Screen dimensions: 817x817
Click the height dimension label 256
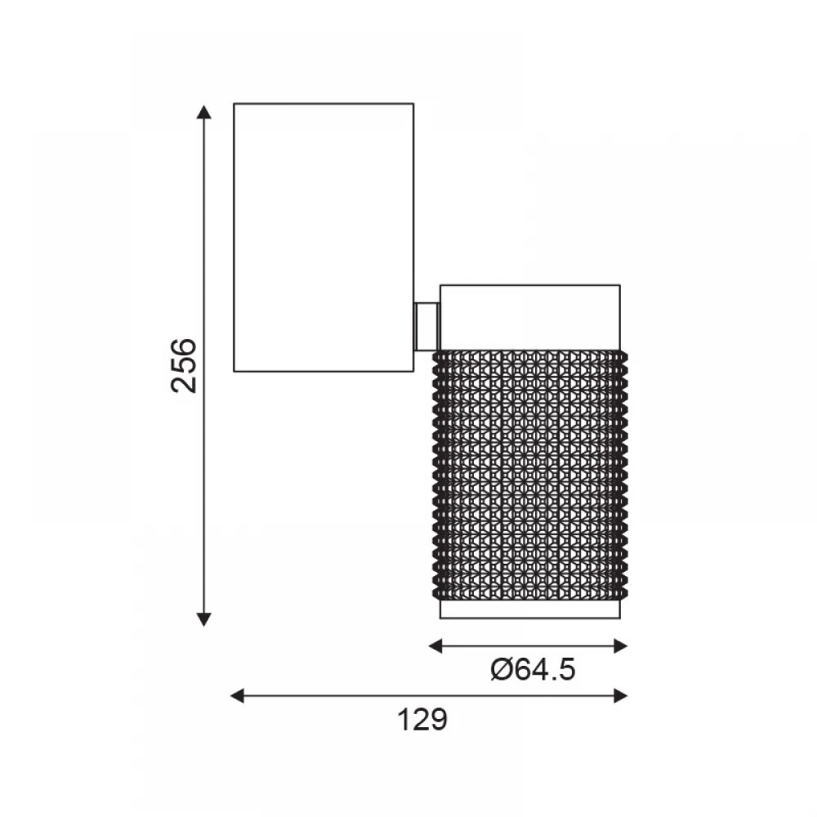[x=184, y=366]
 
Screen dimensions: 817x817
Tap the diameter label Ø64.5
[x=533, y=670]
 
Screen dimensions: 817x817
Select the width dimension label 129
[x=422, y=720]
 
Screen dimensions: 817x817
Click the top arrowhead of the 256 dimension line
[x=203, y=112]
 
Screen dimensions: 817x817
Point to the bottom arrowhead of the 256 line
[x=203, y=619]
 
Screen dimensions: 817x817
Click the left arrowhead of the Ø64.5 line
[x=435, y=646]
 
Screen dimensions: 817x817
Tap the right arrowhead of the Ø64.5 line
[x=621, y=646]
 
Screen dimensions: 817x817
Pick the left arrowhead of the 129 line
[x=238, y=695]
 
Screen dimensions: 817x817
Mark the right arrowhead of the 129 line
[x=621, y=695]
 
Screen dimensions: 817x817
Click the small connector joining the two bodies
[x=426, y=327]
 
